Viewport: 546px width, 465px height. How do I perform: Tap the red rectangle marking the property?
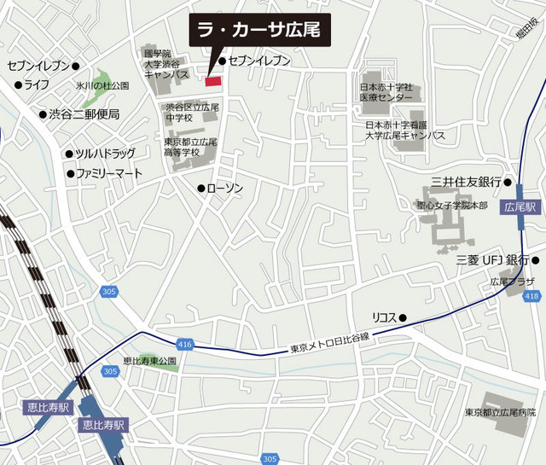click(212, 80)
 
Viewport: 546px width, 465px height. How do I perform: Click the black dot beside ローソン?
click(200, 188)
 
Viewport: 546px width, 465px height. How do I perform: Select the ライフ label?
click(36, 84)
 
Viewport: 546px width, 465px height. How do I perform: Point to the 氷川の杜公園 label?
click(102, 86)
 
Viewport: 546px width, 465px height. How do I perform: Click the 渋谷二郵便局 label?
click(84, 113)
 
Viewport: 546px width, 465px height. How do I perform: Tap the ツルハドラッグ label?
click(105, 154)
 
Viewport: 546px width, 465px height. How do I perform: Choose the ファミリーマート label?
click(109, 173)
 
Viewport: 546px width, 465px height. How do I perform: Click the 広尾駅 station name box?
click(519, 207)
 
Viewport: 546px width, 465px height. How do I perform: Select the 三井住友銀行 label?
click(465, 182)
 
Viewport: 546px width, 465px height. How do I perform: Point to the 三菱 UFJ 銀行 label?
click(493, 259)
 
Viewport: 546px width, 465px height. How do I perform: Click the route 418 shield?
click(532, 295)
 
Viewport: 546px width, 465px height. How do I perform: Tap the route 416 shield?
click(187, 344)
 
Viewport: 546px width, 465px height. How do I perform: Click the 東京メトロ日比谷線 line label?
click(328, 342)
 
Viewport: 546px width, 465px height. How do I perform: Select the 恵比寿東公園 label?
click(149, 361)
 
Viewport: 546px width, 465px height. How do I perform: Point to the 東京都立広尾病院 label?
click(504, 413)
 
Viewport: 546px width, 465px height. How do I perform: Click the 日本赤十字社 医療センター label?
click(385, 91)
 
